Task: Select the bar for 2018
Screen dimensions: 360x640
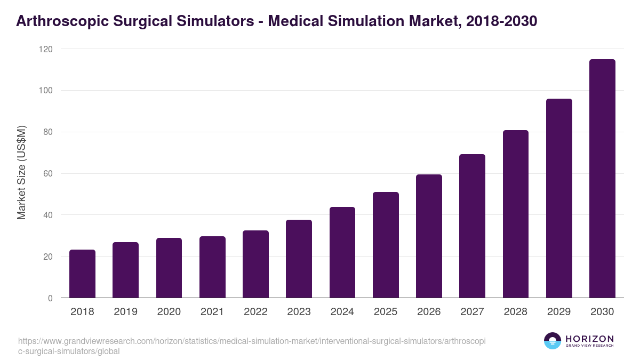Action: pos(82,274)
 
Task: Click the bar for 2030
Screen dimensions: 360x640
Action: pos(602,179)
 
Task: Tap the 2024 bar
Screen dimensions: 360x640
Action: pos(342,252)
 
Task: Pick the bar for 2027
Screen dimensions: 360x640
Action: pos(472,226)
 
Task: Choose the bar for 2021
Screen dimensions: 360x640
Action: pos(212,267)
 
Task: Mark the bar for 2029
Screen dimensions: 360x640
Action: pos(559,198)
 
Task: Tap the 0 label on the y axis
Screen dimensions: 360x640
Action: pos(50,298)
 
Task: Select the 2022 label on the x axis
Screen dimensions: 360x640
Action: pos(255,312)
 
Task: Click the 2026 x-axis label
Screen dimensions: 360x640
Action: pos(429,312)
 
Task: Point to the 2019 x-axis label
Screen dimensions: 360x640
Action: pos(125,312)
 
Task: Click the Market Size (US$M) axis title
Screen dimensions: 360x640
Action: pos(21,173)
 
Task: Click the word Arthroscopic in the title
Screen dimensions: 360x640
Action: pos(59,21)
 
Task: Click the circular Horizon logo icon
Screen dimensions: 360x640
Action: pos(553,341)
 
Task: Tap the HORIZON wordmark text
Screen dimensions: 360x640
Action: pos(589,339)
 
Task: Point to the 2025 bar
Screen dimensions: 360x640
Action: pos(386,245)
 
